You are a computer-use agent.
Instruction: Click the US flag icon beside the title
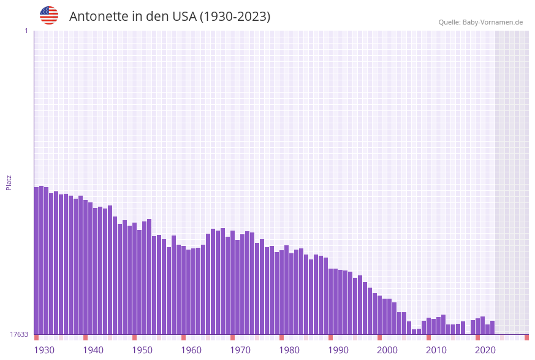[49, 15]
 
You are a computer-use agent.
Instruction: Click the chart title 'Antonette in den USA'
[169, 17]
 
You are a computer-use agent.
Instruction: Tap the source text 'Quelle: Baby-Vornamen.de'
[480, 22]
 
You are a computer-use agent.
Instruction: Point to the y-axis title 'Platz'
[9, 182]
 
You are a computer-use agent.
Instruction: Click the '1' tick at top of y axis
[26, 31]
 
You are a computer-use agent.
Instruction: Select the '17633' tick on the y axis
[19, 334]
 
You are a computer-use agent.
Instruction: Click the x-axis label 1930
[44, 350]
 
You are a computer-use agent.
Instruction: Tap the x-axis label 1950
[142, 350]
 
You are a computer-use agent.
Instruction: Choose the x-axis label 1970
[240, 350]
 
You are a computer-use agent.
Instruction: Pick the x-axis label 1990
[338, 350]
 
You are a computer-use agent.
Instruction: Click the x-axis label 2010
[436, 350]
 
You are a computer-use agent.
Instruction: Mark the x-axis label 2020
[485, 350]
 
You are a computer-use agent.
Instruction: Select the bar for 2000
[379, 315]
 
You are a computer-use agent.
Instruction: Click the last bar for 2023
[492, 327]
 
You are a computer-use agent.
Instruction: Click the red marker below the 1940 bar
[85, 337]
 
